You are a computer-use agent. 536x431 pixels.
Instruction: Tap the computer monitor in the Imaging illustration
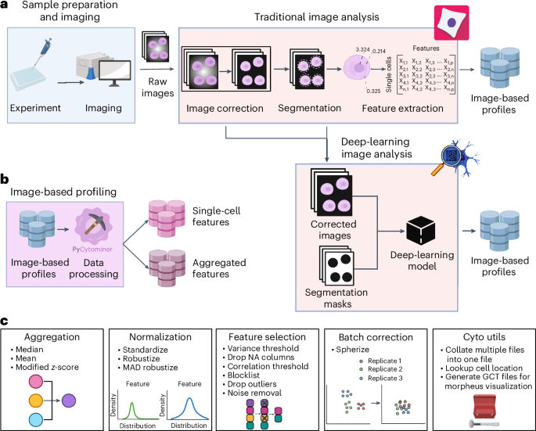pos(115,74)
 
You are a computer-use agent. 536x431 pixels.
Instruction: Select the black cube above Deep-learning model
pos(420,231)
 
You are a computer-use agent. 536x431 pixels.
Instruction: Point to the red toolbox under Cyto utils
pos(484,406)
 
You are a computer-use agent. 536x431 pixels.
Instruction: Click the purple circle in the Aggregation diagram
pos(69,400)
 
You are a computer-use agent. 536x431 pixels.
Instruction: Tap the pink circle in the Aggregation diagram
pos(36,382)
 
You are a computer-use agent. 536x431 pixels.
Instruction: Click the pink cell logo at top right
pos(451,23)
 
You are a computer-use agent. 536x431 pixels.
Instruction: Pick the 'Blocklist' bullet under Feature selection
pos(241,375)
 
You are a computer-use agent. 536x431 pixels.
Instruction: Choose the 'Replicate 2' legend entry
pos(381,369)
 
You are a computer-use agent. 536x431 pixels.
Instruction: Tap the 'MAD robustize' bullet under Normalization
pos(148,368)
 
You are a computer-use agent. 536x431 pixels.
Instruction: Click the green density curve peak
pos(131,404)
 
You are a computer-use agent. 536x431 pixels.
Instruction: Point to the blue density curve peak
pos(189,399)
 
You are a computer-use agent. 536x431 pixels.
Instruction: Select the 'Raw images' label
pos(157,87)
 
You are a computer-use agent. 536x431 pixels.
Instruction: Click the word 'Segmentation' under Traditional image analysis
pos(309,108)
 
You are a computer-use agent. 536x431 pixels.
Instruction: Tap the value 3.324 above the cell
pos(362,49)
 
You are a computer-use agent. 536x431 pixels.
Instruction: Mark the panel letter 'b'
pos(5,179)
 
